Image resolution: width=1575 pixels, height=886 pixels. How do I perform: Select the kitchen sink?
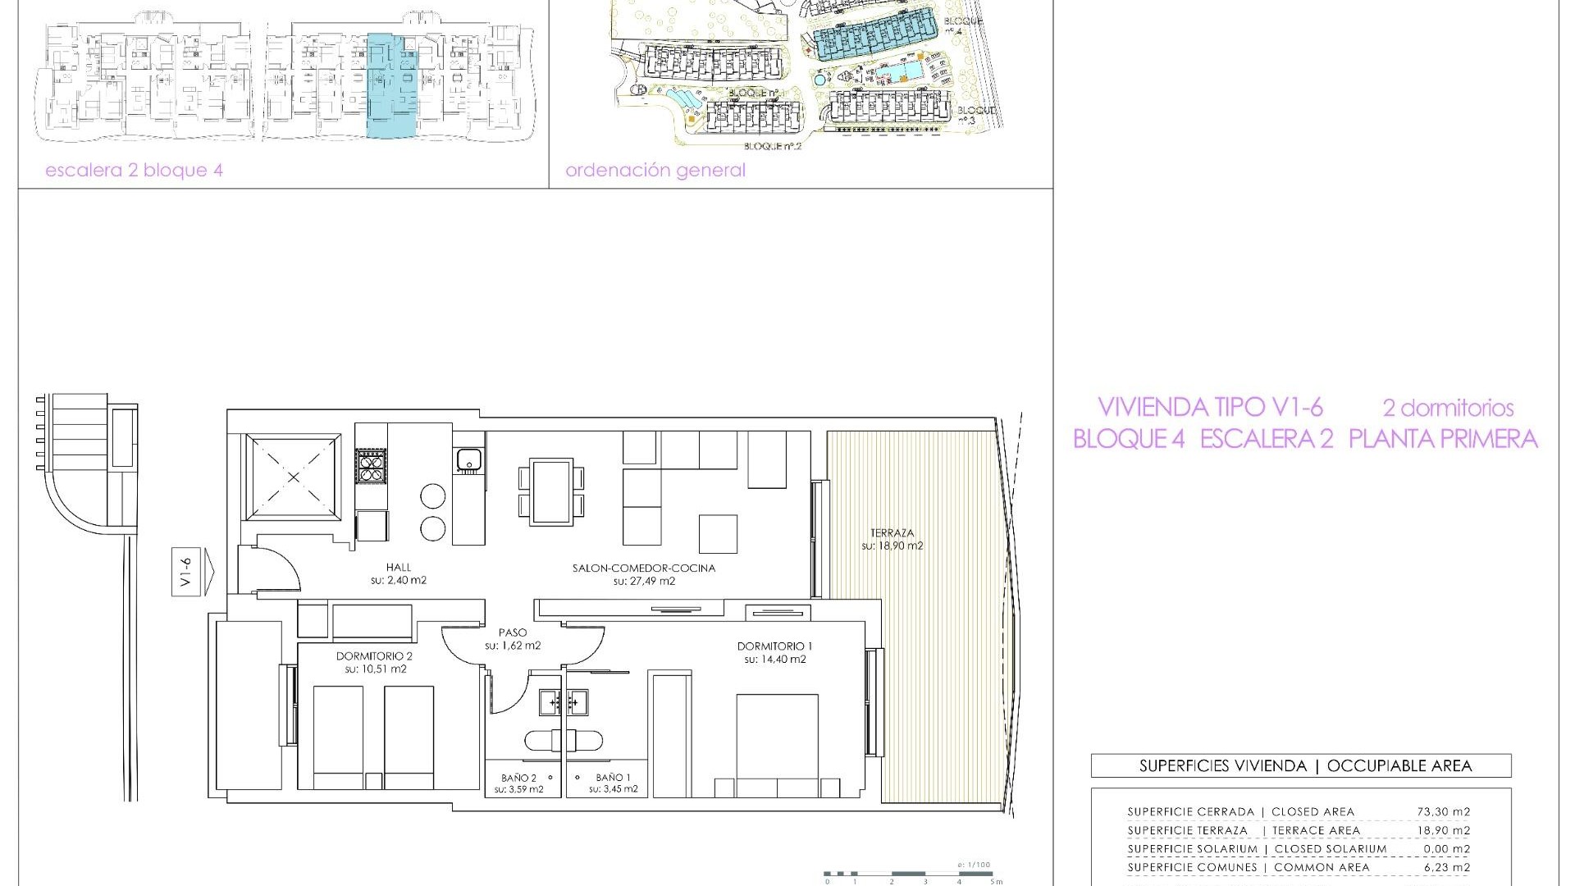(x=468, y=459)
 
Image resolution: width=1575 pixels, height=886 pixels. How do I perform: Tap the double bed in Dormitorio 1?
(x=777, y=742)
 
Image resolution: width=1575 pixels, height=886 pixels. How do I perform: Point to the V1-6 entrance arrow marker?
(x=192, y=573)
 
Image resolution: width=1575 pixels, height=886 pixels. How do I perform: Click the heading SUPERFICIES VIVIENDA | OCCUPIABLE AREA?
(x=1301, y=766)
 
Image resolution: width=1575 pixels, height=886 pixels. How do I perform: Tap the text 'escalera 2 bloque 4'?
(x=134, y=171)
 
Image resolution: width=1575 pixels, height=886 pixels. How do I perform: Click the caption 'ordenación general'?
(x=655, y=171)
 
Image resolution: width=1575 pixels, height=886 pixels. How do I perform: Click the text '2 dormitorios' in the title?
(x=1448, y=408)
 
